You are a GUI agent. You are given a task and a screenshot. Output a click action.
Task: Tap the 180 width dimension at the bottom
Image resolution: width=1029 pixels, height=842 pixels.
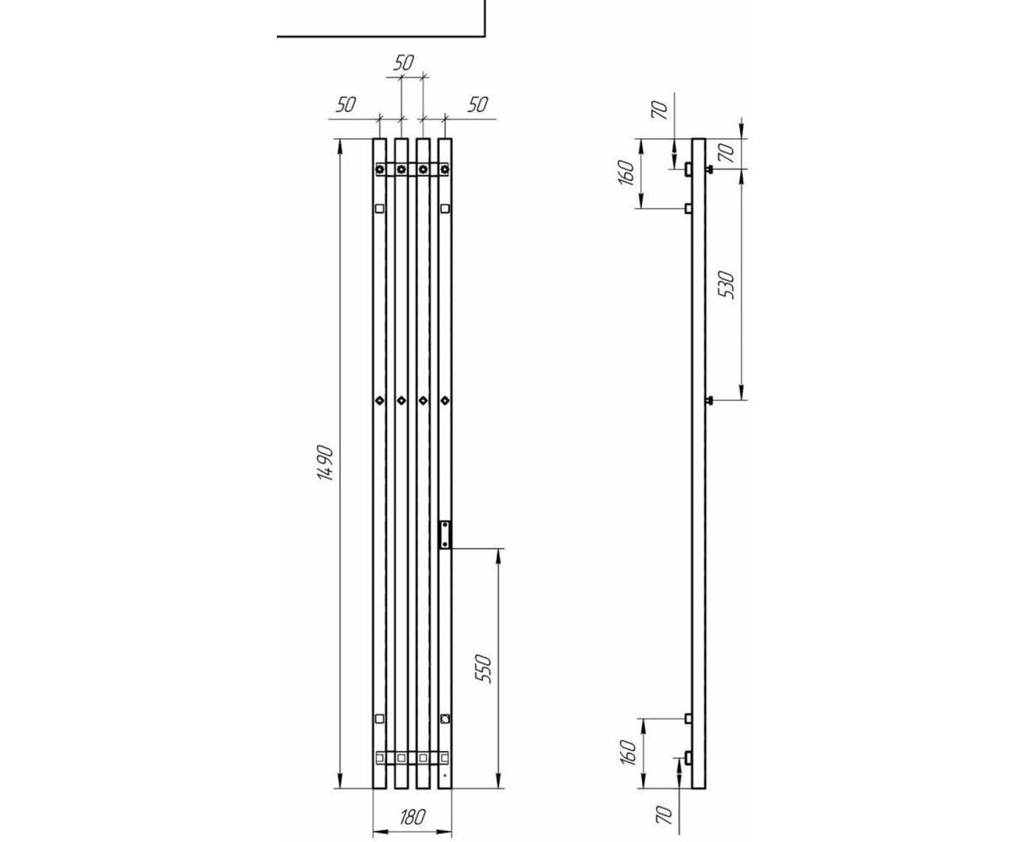tap(412, 817)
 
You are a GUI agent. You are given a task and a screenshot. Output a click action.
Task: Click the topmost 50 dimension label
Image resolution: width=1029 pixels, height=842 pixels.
tap(404, 62)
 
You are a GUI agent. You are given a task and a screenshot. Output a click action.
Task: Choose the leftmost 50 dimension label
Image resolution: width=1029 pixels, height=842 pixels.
tap(346, 104)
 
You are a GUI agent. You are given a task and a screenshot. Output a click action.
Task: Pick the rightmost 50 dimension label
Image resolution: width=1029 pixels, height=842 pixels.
tap(477, 104)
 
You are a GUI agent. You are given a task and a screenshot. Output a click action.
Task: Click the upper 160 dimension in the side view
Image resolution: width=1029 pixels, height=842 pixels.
tap(627, 172)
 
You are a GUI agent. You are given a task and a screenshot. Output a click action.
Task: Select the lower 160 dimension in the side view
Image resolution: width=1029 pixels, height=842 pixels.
tap(627, 752)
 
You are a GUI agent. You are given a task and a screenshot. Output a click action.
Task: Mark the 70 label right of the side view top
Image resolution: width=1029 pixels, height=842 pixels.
tap(729, 152)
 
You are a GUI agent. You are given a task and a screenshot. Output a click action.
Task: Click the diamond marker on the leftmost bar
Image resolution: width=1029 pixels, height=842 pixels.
tap(379, 400)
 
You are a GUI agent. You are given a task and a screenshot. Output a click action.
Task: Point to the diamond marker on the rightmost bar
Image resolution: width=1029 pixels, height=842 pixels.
tap(445, 400)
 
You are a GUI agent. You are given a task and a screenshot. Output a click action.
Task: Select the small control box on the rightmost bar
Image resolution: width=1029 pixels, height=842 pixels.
tap(445, 534)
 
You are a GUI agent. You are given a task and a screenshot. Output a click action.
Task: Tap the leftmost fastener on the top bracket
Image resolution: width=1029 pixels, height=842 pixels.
tap(380, 169)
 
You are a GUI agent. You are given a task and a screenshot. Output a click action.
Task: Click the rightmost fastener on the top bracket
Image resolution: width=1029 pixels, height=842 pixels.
tap(445, 169)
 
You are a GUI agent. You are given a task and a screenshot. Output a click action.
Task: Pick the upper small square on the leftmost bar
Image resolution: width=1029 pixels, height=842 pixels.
tap(379, 208)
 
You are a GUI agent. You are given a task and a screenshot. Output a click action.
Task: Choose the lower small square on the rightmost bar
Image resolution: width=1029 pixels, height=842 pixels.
tap(445, 719)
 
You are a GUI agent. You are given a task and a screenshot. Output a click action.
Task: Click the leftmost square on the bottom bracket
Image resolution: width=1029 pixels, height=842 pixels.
tap(380, 758)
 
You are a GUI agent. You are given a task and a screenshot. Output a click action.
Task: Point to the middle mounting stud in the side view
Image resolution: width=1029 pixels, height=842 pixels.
tap(710, 399)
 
